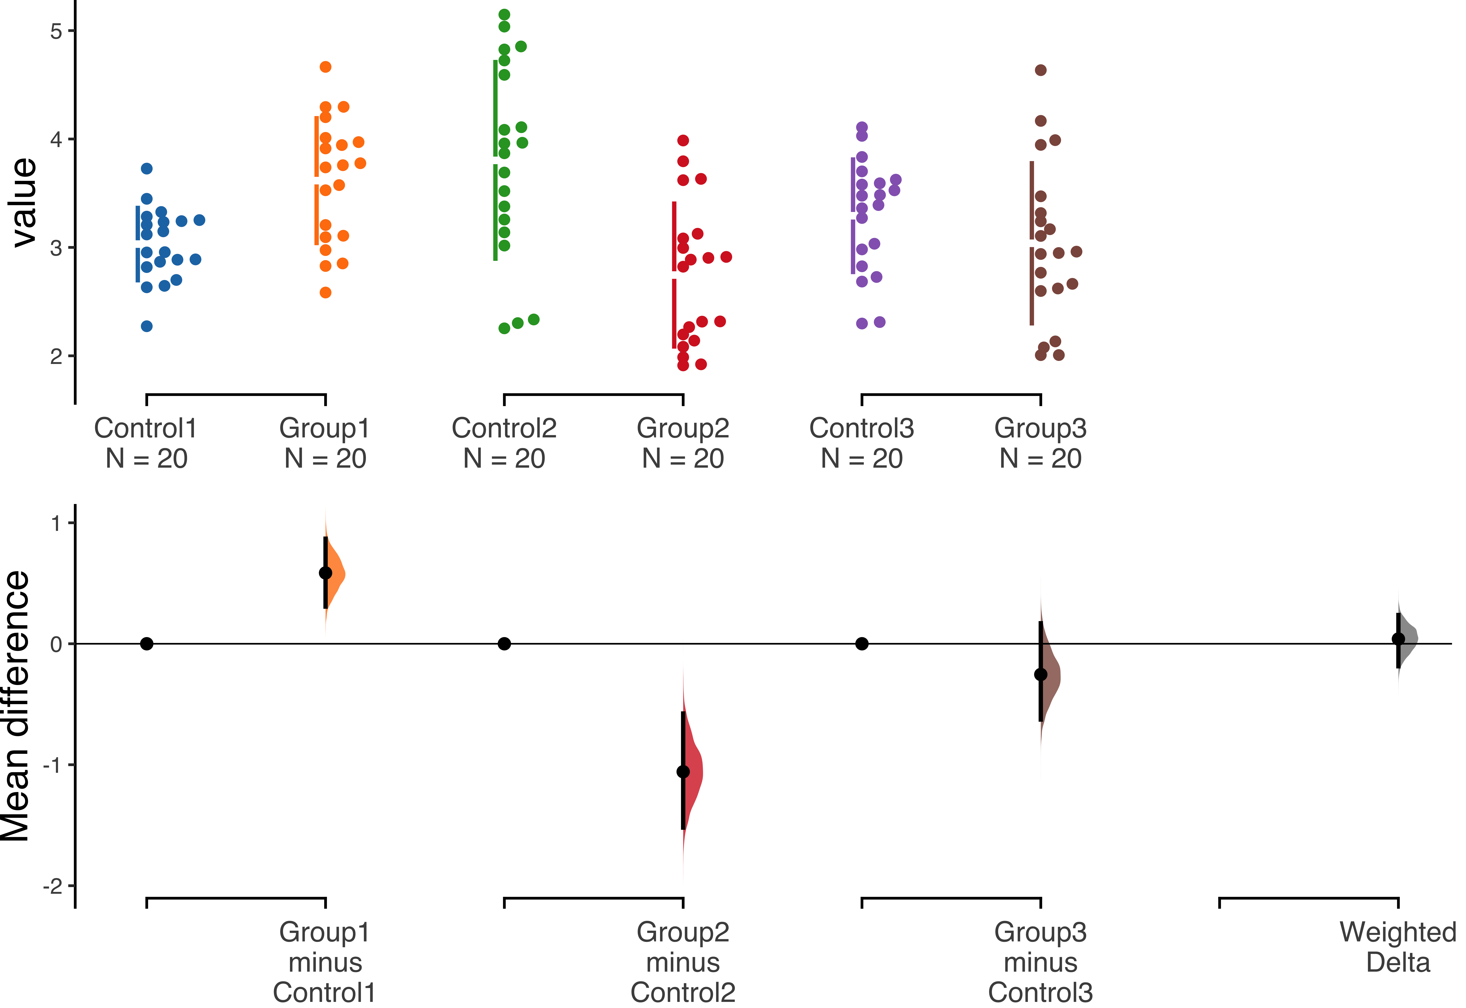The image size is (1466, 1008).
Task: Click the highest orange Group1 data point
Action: click(326, 67)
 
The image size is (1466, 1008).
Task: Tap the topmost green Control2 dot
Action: click(504, 15)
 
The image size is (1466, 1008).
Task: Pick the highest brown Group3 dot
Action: click(1041, 70)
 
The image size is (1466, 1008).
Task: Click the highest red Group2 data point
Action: click(683, 140)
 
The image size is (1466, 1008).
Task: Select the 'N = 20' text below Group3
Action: click(1040, 458)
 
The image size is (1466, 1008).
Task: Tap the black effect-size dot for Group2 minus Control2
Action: click(683, 772)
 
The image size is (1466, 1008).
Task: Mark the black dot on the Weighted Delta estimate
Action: click(1399, 639)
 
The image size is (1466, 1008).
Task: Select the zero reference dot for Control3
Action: click(862, 644)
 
